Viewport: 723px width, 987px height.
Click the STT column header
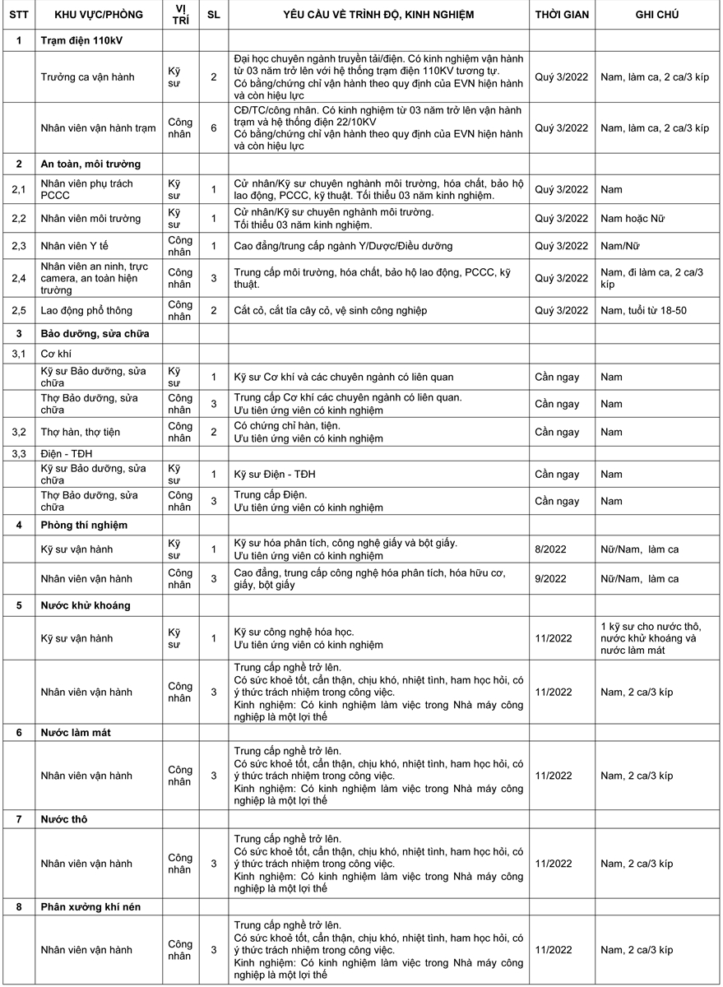tap(18, 15)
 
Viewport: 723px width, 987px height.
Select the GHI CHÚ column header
tap(656, 15)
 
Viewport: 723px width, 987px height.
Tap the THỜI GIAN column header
tap(562, 15)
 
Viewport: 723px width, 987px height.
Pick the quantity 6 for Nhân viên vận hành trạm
tap(214, 127)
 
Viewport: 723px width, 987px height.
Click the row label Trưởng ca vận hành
tap(89, 76)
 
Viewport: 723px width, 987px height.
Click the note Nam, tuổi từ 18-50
tap(649, 310)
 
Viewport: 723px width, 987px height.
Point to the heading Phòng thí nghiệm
tap(84, 525)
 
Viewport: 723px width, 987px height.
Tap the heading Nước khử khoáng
tap(86, 605)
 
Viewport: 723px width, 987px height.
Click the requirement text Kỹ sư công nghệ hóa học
tap(294, 632)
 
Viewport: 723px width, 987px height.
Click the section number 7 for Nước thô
tap(18, 819)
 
